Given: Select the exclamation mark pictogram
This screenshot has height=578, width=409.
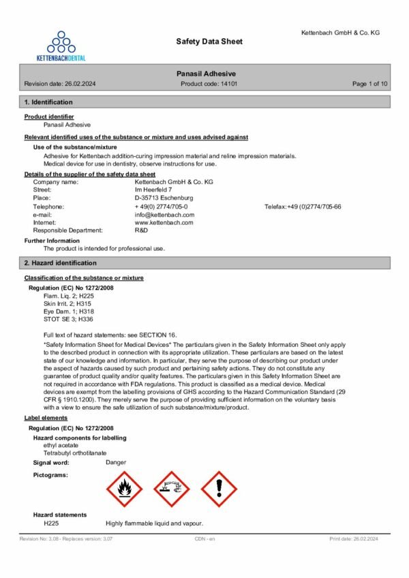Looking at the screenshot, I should point(218,489).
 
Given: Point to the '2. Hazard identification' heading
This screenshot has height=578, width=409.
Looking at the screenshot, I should point(60,263).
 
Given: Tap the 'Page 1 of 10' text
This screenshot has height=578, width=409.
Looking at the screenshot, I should point(369,84).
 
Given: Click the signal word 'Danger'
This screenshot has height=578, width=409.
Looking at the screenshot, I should point(116,463).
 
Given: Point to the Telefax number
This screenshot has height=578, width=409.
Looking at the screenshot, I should point(314,207).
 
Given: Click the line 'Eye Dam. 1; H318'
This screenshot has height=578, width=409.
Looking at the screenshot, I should point(67,311).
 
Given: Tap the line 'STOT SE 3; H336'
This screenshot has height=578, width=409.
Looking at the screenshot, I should point(68,318).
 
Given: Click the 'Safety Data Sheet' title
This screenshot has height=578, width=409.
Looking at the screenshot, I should point(209,42).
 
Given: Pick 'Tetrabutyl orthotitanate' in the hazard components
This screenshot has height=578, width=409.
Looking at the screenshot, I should point(75,453).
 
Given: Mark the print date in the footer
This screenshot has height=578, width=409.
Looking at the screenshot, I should point(353,539).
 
